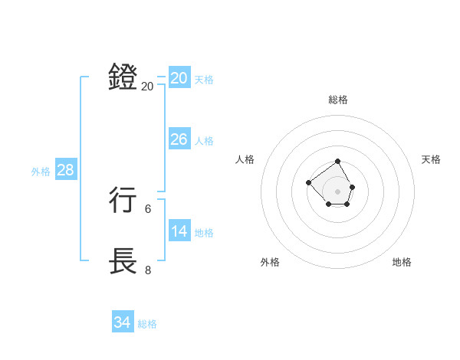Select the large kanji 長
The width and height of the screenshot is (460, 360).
[x=123, y=261]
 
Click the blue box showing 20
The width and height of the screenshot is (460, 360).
[x=179, y=78]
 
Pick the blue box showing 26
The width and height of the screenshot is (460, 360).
[x=179, y=139]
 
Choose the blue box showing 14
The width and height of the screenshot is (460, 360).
[x=179, y=231]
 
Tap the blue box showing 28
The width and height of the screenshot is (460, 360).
[x=65, y=170]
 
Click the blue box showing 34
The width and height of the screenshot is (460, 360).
[x=122, y=322]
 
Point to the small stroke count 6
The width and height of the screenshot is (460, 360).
[x=148, y=208]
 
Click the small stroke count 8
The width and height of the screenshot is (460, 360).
[x=148, y=270]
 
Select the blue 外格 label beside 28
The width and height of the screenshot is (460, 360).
[x=41, y=172]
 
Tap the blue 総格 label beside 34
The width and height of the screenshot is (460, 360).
[x=147, y=324]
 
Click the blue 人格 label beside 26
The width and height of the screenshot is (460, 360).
[x=204, y=141]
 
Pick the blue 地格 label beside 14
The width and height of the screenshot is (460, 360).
[x=204, y=233]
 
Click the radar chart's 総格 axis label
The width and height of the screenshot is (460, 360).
[x=338, y=100]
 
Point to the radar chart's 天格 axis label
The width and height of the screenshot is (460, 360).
[x=431, y=159]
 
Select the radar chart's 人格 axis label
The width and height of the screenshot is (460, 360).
[x=245, y=159]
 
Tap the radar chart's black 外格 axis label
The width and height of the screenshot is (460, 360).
[x=270, y=262]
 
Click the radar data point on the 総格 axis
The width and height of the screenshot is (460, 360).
[x=338, y=162]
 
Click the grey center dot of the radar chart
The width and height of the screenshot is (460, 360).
[x=338, y=191]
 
